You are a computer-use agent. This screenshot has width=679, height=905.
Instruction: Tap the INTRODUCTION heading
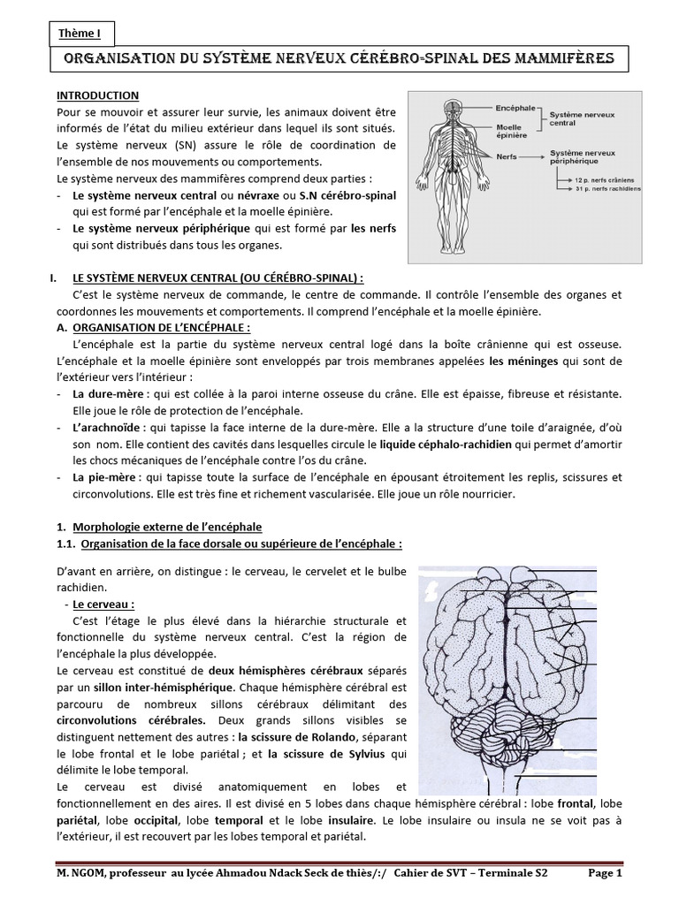(x=97, y=95)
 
